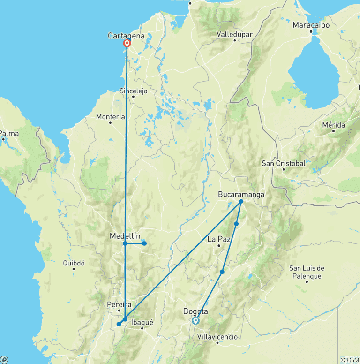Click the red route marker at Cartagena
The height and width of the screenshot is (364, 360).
[127, 43]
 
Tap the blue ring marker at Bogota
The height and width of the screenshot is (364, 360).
[195, 321]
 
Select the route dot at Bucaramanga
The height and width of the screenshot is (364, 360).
[241, 202]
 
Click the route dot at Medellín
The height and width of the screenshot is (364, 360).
[125, 243]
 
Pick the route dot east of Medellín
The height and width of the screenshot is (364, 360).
[144, 243]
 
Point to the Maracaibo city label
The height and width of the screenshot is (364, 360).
[311, 25]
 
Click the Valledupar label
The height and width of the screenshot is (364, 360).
[234, 34]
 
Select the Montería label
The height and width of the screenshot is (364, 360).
[110, 116]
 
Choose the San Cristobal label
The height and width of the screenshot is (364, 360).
[283, 163]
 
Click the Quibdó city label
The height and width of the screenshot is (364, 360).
[74, 263]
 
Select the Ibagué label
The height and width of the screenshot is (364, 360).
[142, 322]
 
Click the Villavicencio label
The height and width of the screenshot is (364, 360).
[217, 337]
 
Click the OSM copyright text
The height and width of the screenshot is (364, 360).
[349, 360]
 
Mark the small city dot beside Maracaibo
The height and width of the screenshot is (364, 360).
[311, 32]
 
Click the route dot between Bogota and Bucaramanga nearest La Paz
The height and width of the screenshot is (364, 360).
[236, 224]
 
